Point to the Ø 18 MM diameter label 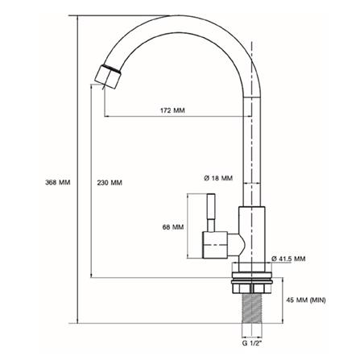point(219,177)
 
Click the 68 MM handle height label point(173,228)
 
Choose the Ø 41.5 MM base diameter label point(288,258)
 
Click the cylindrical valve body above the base point(253,234)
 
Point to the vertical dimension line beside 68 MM point(188,228)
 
